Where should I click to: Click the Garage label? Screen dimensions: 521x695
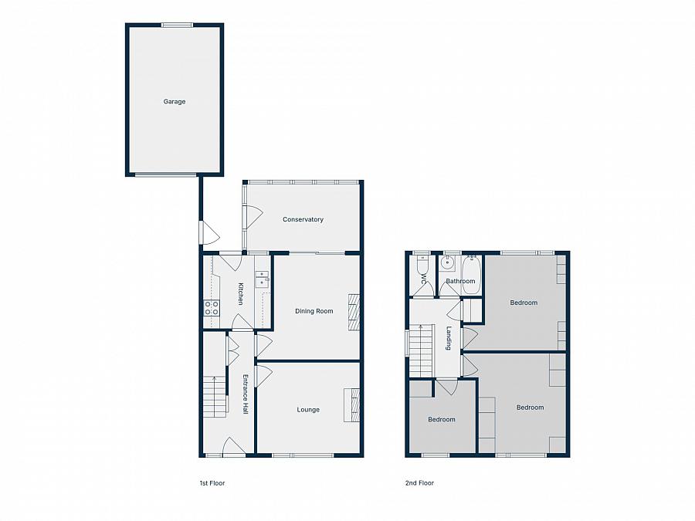[174, 102]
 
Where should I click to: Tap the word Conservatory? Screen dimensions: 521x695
[303, 220]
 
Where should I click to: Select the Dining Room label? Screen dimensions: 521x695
[314, 311]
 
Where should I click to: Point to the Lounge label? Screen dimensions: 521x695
[308, 410]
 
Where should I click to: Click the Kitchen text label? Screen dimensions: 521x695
[241, 294]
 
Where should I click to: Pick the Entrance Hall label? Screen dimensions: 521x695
[246, 394]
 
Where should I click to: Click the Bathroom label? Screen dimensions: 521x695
[460, 282]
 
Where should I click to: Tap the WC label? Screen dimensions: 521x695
[423, 279]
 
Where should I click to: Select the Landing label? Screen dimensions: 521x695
[449, 338]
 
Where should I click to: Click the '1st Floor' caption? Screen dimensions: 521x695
[212, 483]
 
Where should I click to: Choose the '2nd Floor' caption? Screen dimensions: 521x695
[419, 483]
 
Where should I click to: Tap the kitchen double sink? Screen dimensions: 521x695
[263, 279]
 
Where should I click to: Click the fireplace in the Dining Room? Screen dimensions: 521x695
[354, 312]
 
